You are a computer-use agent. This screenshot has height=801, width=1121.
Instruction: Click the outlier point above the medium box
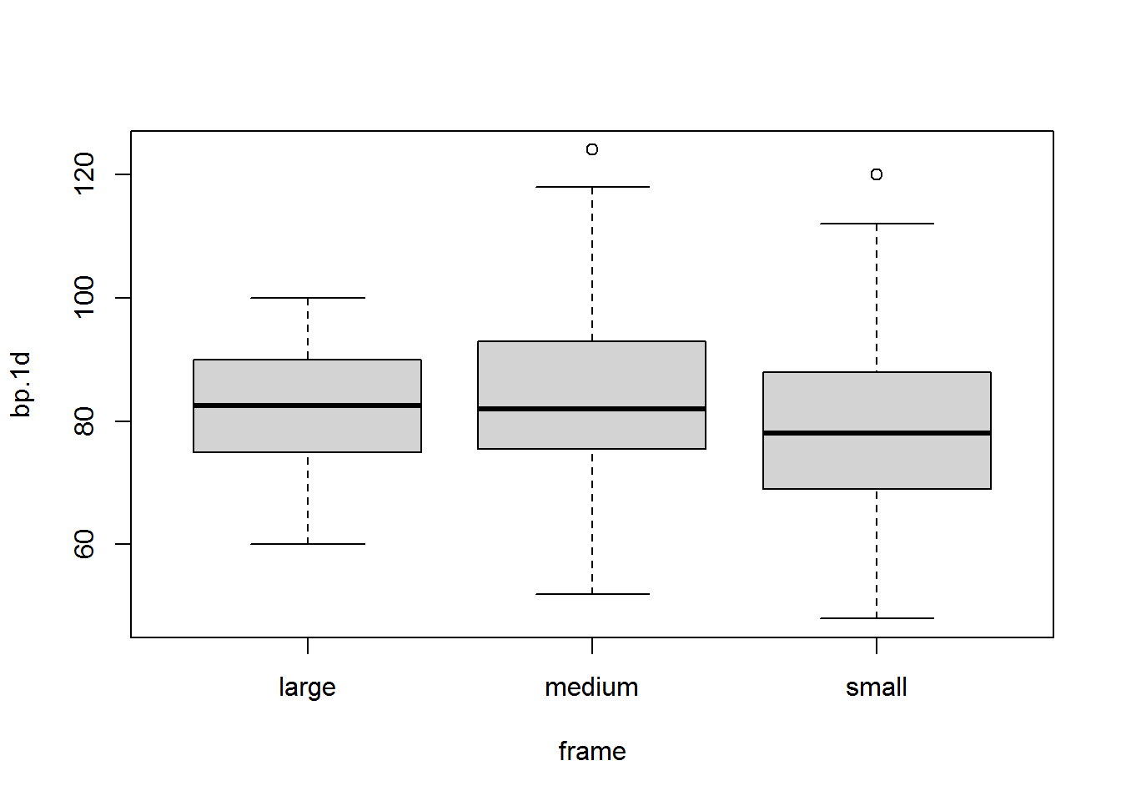pyautogui.click(x=592, y=149)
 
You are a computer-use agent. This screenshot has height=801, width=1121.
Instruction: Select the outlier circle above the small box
pyautogui.click(x=877, y=174)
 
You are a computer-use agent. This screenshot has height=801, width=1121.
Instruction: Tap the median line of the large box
pyautogui.click(x=307, y=406)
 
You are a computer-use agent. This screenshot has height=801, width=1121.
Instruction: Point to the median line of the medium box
pyautogui.click(x=591, y=409)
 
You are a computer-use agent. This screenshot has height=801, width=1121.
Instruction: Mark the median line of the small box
pyautogui.click(x=877, y=433)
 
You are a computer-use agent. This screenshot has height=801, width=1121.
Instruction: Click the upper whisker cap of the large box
pyautogui.click(x=307, y=298)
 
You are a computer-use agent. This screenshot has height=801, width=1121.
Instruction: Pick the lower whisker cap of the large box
pyautogui.click(x=307, y=544)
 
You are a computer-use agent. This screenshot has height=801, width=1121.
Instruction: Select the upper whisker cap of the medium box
pyautogui.click(x=592, y=187)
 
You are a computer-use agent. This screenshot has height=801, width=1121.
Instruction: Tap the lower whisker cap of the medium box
pyautogui.click(x=592, y=594)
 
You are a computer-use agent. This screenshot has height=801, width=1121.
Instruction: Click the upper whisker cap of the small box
pyautogui.click(x=877, y=224)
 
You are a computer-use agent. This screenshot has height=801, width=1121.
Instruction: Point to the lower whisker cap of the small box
pyautogui.click(x=877, y=618)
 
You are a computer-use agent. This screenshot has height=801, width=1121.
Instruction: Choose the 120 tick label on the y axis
pyautogui.click(x=84, y=174)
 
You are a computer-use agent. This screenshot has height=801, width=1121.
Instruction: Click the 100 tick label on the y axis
pyautogui.click(x=84, y=297)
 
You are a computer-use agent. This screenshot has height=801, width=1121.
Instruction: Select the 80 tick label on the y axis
pyautogui.click(x=84, y=421)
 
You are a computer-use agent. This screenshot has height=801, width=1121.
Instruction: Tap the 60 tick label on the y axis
pyautogui.click(x=84, y=544)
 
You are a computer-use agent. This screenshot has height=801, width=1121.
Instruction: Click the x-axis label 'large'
pyautogui.click(x=307, y=688)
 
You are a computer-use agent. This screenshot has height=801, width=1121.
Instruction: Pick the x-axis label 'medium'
pyautogui.click(x=591, y=687)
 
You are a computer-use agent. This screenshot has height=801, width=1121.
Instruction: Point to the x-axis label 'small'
pyautogui.click(x=877, y=687)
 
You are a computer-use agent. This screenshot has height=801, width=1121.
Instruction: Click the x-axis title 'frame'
pyautogui.click(x=592, y=752)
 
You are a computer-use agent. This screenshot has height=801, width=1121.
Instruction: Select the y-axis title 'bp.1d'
pyautogui.click(x=21, y=385)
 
